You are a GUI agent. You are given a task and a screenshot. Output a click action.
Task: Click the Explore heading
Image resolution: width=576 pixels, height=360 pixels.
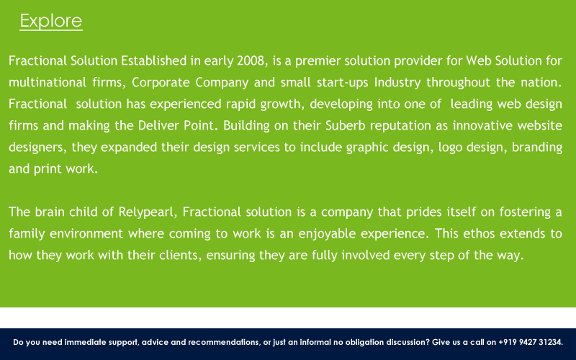pyautogui.click(x=51, y=21)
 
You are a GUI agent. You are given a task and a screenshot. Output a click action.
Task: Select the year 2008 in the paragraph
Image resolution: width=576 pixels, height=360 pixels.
pyautogui.click(x=250, y=60)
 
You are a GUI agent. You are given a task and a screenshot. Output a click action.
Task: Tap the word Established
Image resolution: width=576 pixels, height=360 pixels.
pyautogui.click(x=154, y=60)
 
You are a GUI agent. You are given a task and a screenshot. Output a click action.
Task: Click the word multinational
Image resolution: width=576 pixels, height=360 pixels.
pyautogui.click(x=48, y=82)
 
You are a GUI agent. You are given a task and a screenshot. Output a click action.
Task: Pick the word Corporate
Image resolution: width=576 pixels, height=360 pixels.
pyautogui.click(x=161, y=83)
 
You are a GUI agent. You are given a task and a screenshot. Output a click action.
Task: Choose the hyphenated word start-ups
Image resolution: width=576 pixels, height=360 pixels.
pyautogui.click(x=343, y=83)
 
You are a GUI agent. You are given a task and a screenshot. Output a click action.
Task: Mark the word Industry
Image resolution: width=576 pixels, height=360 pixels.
pyautogui.click(x=397, y=83)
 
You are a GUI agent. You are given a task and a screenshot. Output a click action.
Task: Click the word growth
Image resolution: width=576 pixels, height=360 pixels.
pyautogui.click(x=282, y=104)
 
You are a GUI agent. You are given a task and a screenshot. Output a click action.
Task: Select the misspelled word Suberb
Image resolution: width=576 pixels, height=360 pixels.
pyautogui.click(x=346, y=125)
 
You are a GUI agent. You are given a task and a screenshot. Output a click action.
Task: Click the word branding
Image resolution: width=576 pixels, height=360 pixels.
pyautogui.click(x=536, y=148)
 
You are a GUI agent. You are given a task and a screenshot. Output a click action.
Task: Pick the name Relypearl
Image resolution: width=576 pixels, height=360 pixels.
pyautogui.click(x=148, y=212)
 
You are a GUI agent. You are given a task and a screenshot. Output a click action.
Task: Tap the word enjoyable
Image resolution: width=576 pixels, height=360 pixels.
pyautogui.click(x=327, y=234)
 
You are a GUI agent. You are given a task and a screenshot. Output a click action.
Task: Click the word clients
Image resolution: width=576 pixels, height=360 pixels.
pyautogui.click(x=180, y=256)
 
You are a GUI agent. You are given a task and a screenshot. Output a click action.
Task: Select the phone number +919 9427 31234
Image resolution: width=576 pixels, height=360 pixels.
pyautogui.click(x=530, y=343)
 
